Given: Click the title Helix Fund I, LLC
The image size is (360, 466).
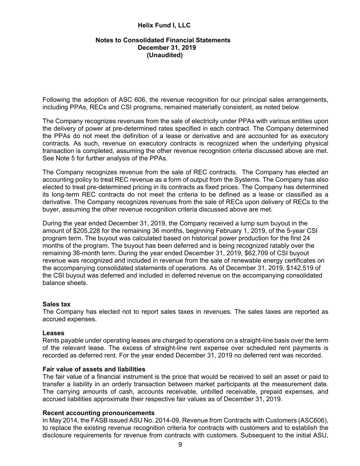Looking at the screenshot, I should coord(164,25).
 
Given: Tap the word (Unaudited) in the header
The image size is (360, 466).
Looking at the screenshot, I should coord(164,55).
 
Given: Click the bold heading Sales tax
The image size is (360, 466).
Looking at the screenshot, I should coord(56,304).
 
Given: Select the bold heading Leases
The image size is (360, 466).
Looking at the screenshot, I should coord(53,333).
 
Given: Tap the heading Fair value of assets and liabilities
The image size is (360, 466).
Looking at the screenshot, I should coord(94,369).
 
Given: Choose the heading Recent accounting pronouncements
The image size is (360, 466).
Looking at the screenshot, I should coord(98,413).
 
